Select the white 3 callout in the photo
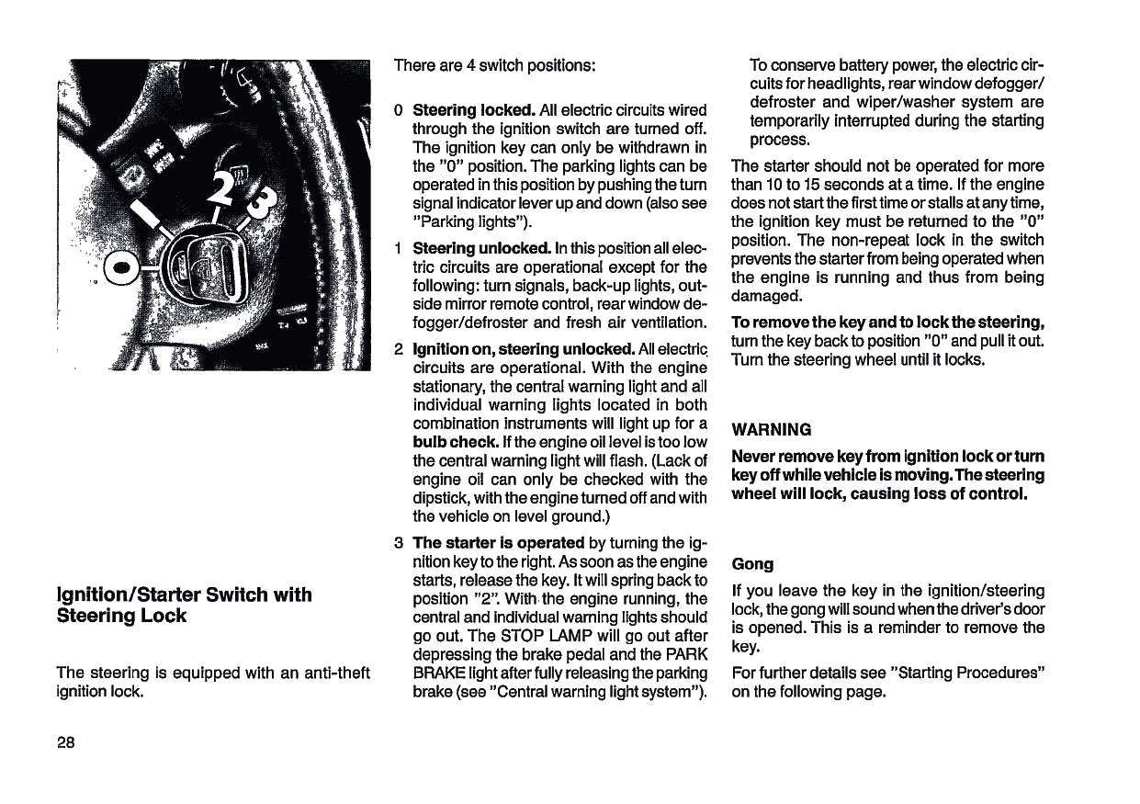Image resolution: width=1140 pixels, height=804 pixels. (259, 201)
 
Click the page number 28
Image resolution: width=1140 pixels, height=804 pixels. (65, 742)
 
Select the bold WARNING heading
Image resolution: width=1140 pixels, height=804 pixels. (771, 429)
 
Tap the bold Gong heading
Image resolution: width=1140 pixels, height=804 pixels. (752, 563)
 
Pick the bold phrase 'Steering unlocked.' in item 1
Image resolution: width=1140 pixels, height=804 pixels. (481, 249)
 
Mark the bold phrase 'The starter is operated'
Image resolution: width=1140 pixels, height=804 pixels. (499, 542)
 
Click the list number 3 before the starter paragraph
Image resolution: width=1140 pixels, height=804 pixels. (398, 542)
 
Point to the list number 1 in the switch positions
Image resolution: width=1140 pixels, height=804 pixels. (398, 249)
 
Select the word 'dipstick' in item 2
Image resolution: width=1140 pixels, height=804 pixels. (444, 498)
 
